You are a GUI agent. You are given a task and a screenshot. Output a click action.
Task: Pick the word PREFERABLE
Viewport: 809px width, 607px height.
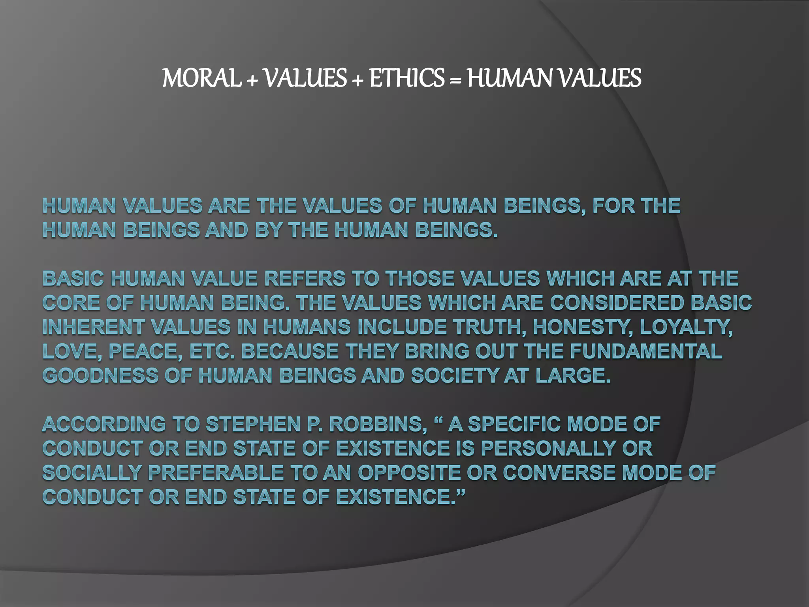216,473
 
